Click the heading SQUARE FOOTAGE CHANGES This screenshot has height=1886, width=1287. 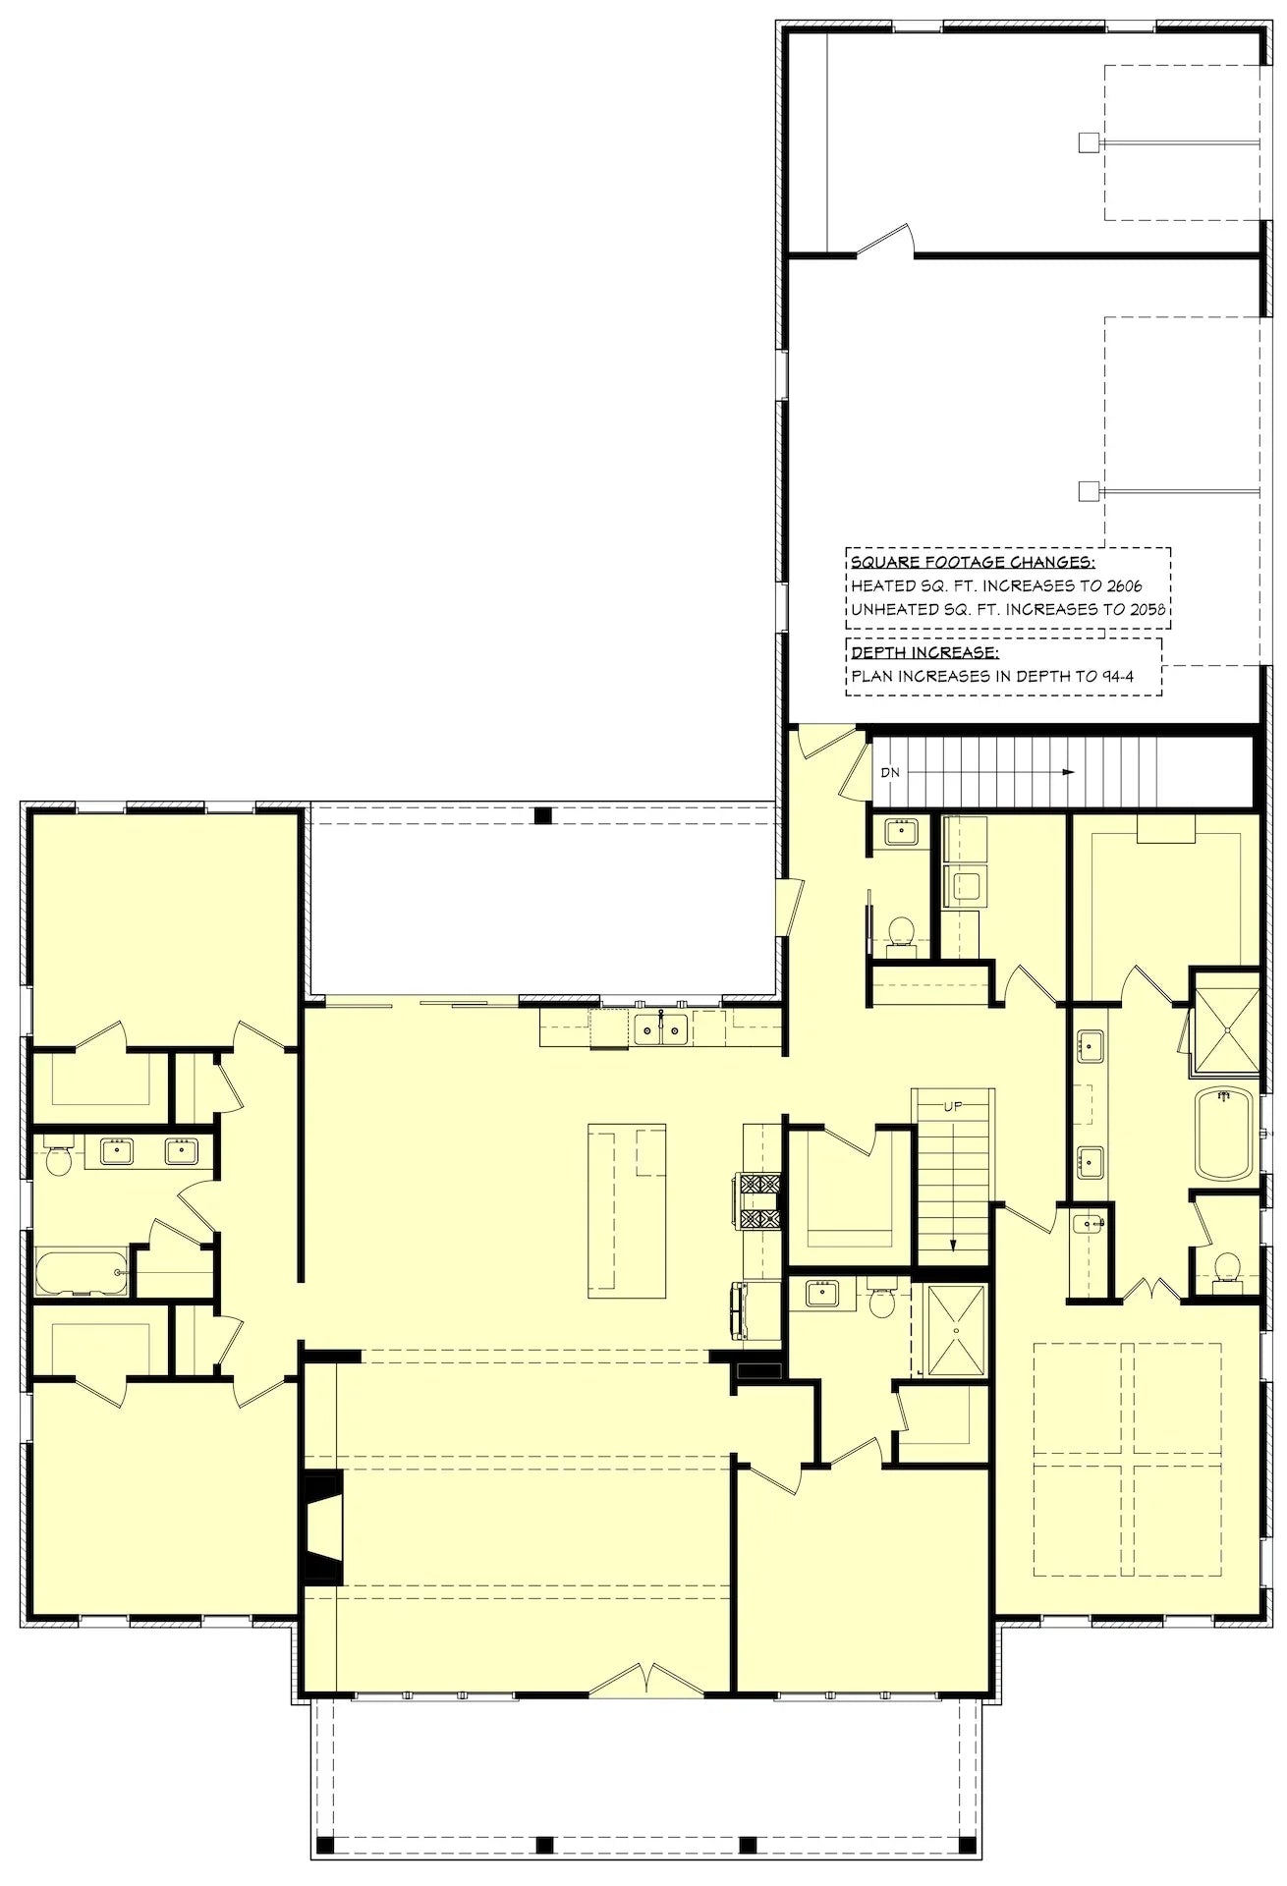973,562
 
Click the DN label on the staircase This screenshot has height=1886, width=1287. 890,773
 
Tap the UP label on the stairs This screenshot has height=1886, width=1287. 952,1106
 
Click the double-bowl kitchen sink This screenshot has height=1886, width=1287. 660,1029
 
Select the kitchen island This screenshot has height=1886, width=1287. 626,1210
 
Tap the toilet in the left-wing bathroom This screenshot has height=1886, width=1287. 60,1160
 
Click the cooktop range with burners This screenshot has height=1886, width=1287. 758,1201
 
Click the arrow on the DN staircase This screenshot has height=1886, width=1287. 1066,773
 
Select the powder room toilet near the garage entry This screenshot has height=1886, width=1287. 901,930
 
